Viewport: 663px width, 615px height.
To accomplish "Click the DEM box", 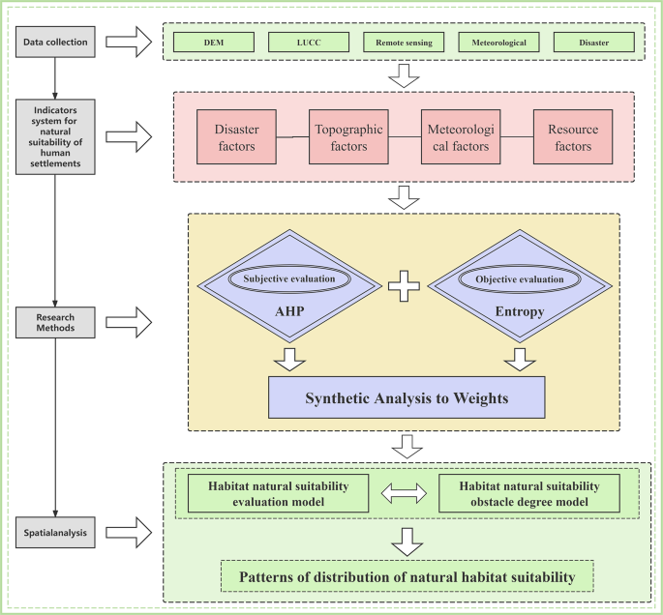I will (214, 43).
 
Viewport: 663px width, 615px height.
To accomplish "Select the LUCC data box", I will (309, 43).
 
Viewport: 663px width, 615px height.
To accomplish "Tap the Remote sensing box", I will (404, 43).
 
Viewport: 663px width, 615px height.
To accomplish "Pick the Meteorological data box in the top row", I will (498, 43).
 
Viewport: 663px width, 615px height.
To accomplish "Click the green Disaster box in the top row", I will (593, 43).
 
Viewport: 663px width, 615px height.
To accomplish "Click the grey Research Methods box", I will (56, 321).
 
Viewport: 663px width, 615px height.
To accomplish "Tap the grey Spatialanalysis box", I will (56, 531).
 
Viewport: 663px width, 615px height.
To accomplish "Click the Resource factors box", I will (573, 137).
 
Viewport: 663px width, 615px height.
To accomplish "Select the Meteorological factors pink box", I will (460, 137).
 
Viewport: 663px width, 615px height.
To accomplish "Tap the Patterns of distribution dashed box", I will (407, 576).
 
